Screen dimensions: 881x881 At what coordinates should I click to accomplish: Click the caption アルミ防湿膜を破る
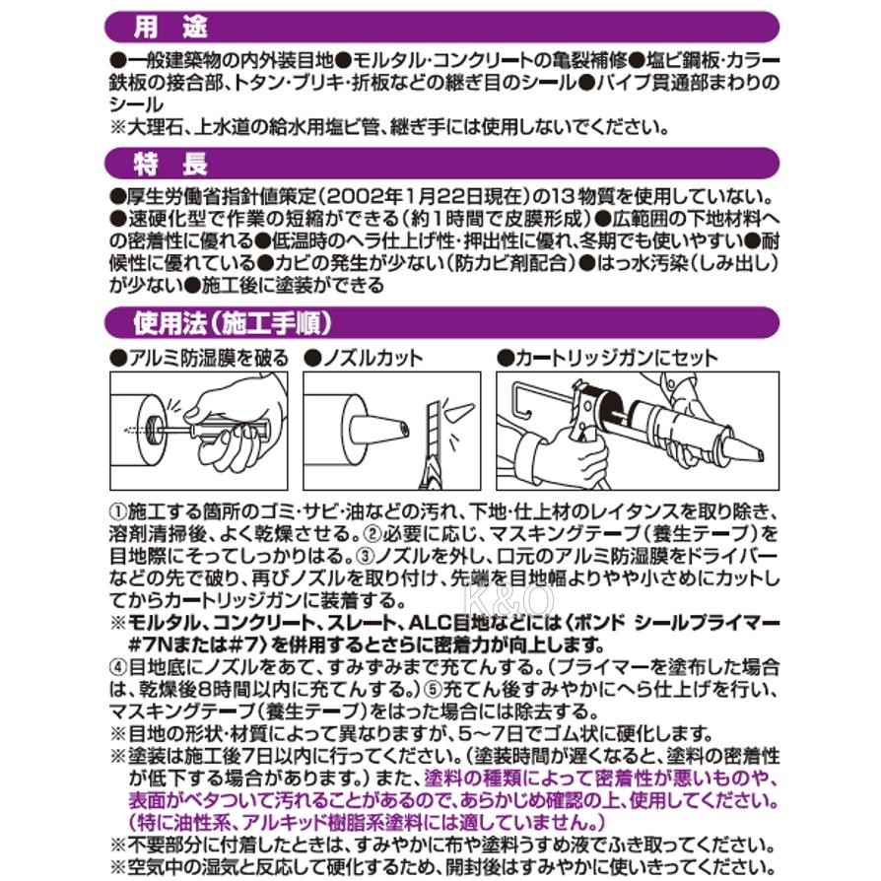pyautogui.click(x=199, y=358)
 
